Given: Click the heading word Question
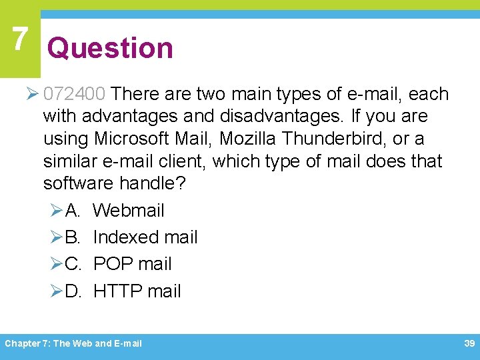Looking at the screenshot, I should click(x=110, y=48).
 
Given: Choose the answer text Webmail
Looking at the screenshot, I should click(x=129, y=211).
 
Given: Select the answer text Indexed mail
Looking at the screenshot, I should click(x=145, y=237).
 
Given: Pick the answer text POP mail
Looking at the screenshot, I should click(x=132, y=264).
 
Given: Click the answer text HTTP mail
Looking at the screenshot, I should click(x=137, y=291).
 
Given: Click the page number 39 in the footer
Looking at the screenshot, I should click(x=469, y=343).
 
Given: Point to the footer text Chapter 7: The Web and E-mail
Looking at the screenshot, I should click(x=73, y=343).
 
